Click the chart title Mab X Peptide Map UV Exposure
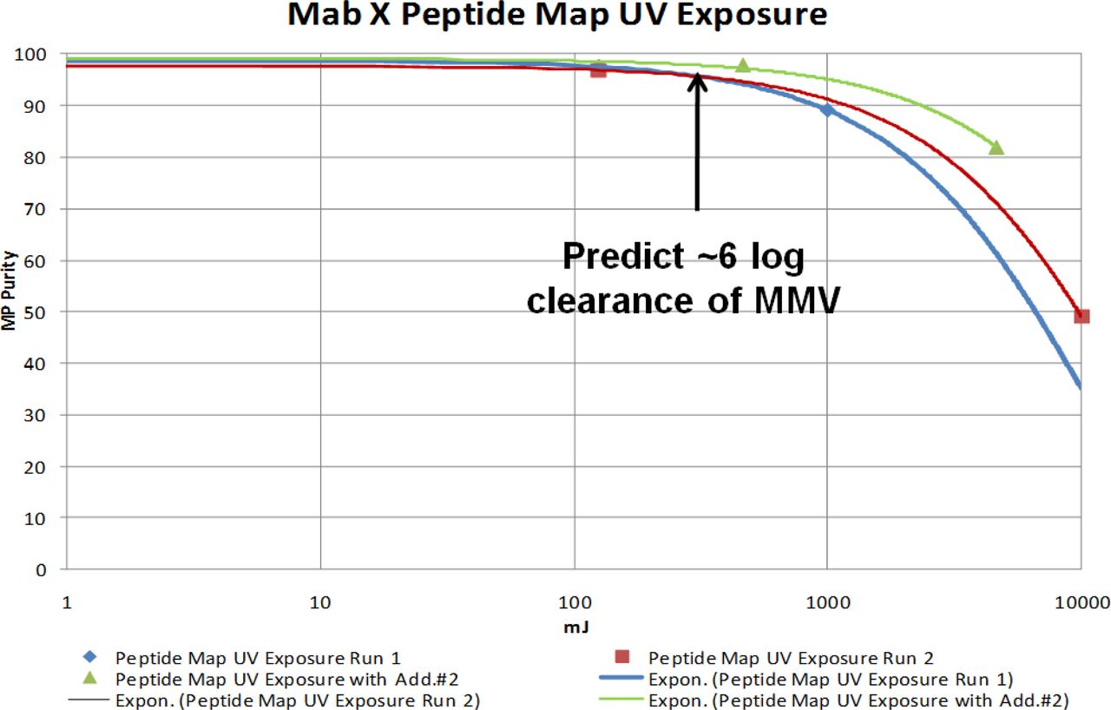[x=557, y=15]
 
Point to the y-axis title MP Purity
[x=9, y=290]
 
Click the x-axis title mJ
[x=575, y=628]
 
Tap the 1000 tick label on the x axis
[x=827, y=603]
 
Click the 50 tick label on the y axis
[x=35, y=312]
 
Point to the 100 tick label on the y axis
[x=30, y=54]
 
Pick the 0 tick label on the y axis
[x=41, y=570]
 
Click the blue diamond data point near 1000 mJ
[x=827, y=110]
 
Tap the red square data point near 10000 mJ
[x=1081, y=316]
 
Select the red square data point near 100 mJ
[x=599, y=70]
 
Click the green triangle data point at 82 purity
[x=996, y=148]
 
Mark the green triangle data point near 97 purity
[x=742, y=65]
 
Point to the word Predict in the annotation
[x=623, y=256]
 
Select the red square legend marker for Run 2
[x=622, y=657]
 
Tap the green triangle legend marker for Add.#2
[x=89, y=678]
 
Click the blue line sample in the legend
[x=621, y=677]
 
